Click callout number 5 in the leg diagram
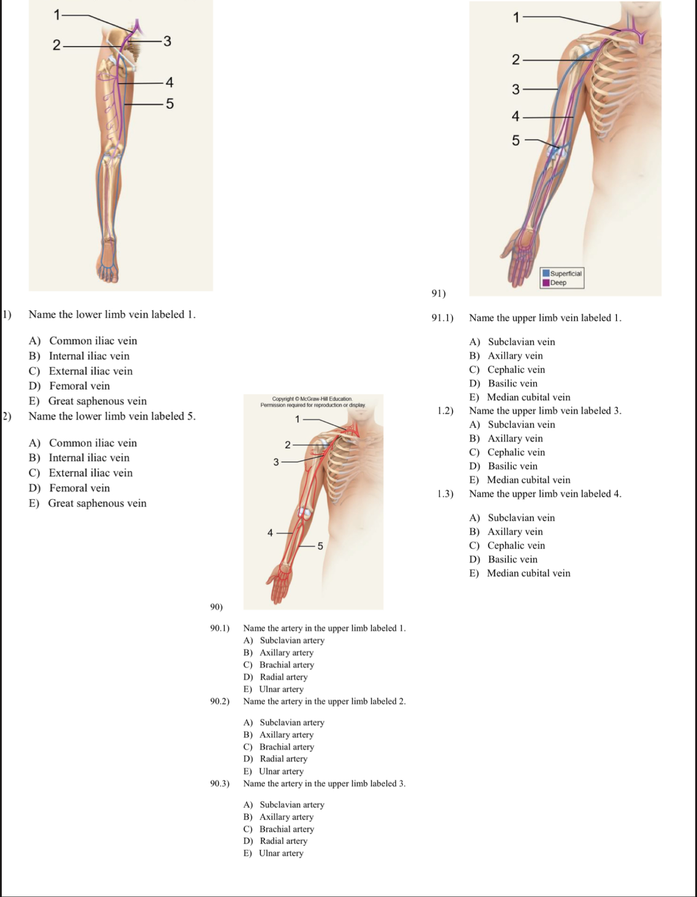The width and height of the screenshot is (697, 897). point(170,104)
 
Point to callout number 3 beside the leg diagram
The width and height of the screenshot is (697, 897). point(167,41)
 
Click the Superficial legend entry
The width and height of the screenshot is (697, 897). point(562,274)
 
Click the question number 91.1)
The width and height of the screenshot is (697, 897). point(442,318)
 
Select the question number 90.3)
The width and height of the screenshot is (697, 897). point(220,783)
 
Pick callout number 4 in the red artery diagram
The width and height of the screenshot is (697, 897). point(270,533)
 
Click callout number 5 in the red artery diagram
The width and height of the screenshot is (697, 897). point(320,546)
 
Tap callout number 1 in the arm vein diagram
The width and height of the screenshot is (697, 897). point(516,17)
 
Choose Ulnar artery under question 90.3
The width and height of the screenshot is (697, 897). point(281,853)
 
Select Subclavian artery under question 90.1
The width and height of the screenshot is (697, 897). point(292,640)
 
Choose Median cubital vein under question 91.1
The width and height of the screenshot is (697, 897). point(528,397)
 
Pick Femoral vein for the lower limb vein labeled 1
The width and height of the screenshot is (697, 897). point(79,386)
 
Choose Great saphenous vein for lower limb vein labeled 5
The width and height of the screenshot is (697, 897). point(97,503)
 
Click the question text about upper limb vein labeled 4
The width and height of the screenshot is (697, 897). point(545,494)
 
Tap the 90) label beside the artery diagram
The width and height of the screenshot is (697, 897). point(216,607)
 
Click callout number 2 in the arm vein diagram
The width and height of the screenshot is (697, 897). point(516,59)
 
